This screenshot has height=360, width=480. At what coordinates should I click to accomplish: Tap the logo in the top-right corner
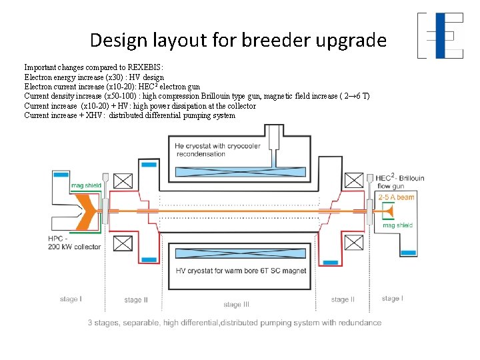(x=440, y=35)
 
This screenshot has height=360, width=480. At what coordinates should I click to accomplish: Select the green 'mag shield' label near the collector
(x=86, y=185)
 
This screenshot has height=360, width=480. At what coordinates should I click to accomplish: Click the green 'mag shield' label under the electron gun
(x=397, y=225)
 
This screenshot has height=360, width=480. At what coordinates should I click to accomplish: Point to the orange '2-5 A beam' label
(x=396, y=197)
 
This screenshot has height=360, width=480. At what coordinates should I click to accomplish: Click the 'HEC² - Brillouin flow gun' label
(x=399, y=182)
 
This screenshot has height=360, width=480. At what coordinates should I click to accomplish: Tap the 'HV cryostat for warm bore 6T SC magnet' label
(x=240, y=271)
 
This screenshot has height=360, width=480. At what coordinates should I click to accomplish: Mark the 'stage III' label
(x=236, y=305)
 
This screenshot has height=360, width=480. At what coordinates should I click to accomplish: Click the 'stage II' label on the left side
(x=136, y=300)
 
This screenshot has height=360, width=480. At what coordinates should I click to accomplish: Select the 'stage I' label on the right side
(x=392, y=299)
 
